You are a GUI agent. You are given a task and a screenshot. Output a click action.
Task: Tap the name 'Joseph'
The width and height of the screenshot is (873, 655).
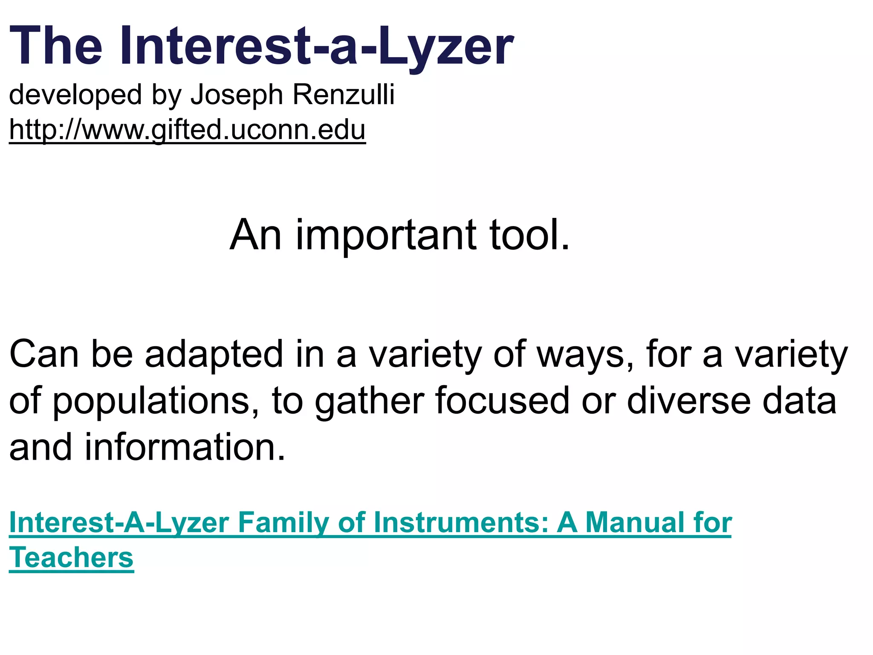[x=237, y=95]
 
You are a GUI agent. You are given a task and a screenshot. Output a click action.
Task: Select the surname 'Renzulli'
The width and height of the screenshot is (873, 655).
[x=343, y=95]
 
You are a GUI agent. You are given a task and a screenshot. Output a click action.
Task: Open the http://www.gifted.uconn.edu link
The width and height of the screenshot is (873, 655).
[x=187, y=130]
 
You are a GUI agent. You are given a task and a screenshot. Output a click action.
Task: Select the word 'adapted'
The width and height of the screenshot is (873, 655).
[x=214, y=354]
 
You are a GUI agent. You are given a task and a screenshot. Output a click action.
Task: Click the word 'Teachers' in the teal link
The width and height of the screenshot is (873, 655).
[x=71, y=558]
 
